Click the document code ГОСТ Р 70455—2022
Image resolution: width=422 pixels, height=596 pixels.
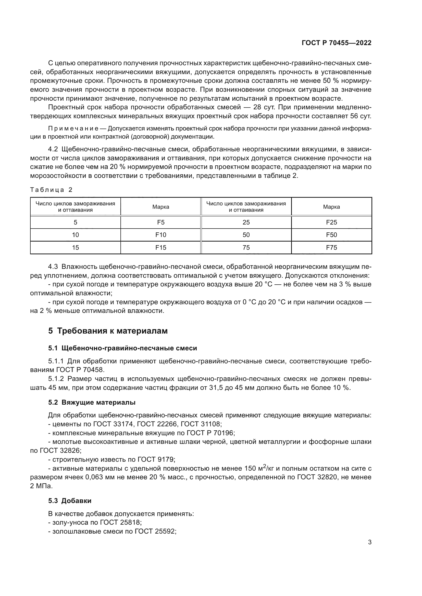(337, 43)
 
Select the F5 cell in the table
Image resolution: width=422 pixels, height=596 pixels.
(160, 222)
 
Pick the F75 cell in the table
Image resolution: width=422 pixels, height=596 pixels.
(331, 248)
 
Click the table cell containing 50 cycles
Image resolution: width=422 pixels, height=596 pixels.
(246, 235)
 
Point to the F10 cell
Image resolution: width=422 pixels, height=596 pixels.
(160, 235)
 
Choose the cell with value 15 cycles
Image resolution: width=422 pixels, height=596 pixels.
(75, 248)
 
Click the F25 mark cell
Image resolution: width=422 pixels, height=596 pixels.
(331, 222)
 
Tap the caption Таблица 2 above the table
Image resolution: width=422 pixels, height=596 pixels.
(51, 190)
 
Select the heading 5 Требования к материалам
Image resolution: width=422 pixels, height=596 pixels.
(108, 331)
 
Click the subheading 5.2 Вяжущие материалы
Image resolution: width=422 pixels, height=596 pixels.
(92, 403)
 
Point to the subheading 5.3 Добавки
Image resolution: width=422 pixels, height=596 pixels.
(70, 501)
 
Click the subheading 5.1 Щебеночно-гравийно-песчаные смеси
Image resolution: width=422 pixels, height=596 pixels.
(122, 348)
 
